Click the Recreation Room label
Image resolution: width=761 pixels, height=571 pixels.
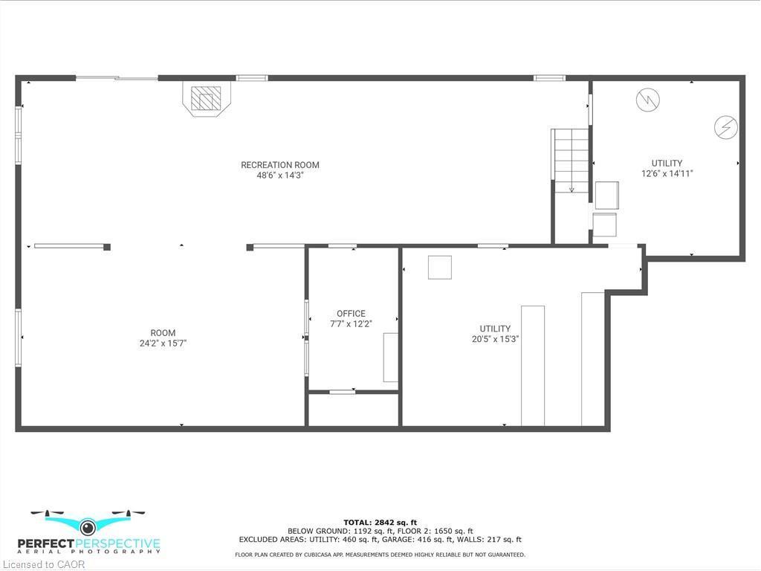pos(279,165)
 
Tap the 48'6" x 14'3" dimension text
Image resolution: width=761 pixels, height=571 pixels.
pos(279,176)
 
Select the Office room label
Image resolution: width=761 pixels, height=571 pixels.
pos(351,314)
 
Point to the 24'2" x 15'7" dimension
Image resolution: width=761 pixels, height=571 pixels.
pos(163,343)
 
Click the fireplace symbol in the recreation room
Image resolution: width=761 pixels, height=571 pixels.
pos(206,99)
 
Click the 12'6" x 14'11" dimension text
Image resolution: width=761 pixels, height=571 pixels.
pos(667,174)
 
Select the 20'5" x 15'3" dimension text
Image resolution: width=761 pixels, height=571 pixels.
pos(495,339)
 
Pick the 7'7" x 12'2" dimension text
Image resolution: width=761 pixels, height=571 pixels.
pos(351,324)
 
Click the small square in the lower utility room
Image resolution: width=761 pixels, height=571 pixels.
pos(440,267)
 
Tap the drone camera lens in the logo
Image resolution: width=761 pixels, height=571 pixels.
pos(88,527)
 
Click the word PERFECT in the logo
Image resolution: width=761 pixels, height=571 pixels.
pos(49,543)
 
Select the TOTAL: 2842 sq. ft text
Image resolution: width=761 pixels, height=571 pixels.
pos(380,522)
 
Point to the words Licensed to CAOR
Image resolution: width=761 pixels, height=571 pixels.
pos(43,564)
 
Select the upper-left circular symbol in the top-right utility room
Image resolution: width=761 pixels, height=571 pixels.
pos(647,100)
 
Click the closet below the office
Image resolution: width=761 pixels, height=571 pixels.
pos(353,410)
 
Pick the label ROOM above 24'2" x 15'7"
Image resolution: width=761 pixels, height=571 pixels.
pos(163,333)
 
